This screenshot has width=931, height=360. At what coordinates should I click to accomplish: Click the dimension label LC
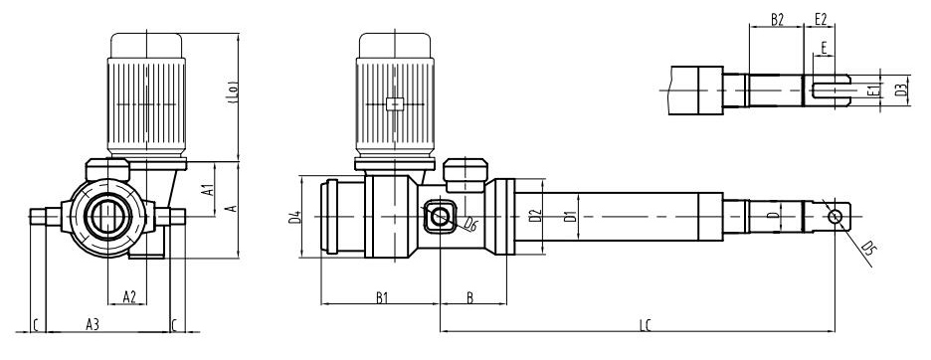[646, 325]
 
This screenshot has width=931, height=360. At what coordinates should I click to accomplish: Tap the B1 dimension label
[381, 297]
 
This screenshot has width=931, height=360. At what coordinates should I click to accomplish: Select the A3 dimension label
[93, 324]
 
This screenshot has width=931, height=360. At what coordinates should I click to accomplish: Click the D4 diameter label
[294, 218]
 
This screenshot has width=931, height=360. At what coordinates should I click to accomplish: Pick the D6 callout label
[470, 224]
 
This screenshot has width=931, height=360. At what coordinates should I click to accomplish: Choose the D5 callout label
[867, 248]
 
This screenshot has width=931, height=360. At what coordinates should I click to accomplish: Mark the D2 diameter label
[535, 216]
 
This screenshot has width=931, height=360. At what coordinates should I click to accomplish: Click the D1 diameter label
[571, 216]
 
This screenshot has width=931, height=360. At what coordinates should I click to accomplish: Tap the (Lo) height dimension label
[234, 92]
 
